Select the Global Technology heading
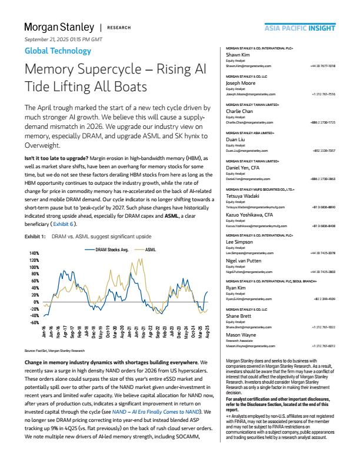point(58,51)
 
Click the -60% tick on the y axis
point(34,322)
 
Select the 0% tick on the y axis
point(35,302)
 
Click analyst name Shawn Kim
point(239,56)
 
